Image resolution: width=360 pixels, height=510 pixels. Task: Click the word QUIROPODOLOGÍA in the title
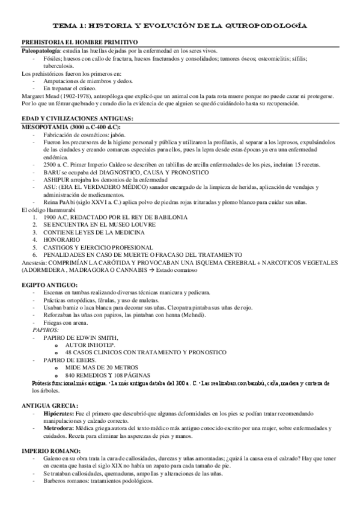[x=265, y=26]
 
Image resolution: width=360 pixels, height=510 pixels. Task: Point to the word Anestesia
[x=37, y=262]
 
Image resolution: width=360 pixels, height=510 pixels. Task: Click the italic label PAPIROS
[x=46, y=330]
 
